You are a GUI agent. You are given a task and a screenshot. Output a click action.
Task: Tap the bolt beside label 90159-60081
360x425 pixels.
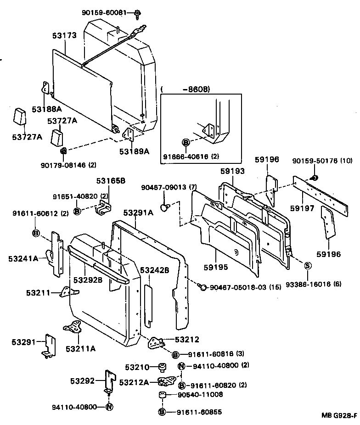click(137, 14)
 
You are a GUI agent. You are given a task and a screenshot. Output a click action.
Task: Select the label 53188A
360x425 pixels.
click(46, 109)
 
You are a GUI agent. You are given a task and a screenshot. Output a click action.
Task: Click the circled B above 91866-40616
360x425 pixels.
click(186, 143)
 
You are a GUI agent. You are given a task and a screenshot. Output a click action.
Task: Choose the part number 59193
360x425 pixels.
click(232, 171)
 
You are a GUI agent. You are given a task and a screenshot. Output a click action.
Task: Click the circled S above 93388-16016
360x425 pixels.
click(308, 265)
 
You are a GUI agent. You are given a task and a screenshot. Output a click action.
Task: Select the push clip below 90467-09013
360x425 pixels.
click(165, 207)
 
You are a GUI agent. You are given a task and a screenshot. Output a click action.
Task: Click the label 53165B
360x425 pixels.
click(111, 180)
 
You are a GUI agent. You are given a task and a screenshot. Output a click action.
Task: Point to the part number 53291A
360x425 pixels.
click(138, 212)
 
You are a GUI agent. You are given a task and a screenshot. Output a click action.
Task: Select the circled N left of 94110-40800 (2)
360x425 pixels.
click(181, 366)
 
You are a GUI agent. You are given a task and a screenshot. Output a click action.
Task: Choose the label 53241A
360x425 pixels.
click(23, 259)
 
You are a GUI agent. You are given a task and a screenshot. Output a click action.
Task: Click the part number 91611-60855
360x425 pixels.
click(199, 412)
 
